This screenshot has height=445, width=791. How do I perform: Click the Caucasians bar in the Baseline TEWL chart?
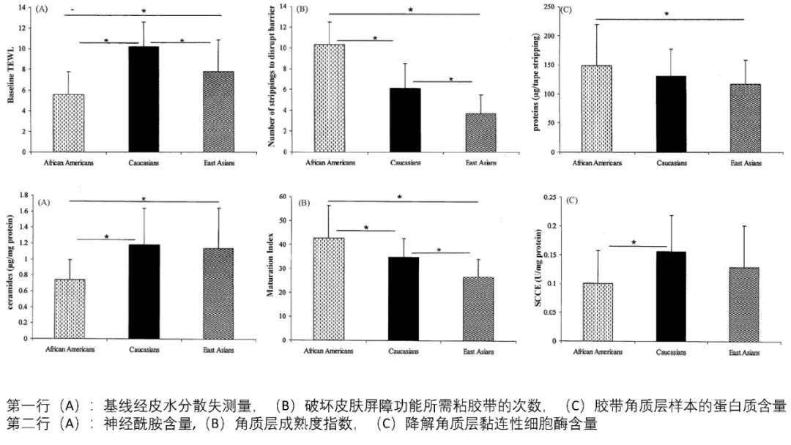[x=144, y=99]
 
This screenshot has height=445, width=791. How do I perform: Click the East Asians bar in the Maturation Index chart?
[x=479, y=308]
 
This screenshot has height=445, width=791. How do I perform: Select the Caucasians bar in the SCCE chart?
[x=671, y=296]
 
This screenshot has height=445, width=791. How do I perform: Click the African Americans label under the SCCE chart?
[x=598, y=352]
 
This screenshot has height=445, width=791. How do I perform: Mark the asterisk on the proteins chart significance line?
[x=666, y=13]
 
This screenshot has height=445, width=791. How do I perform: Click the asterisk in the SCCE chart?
[x=633, y=242]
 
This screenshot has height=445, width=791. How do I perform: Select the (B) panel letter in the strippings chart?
[x=301, y=10]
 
